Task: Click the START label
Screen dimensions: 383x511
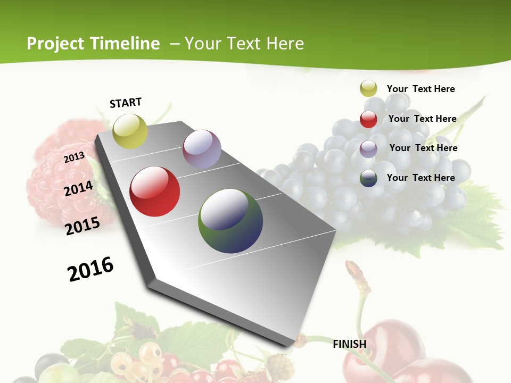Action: coord(126,103)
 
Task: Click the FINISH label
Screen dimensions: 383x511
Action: coord(350,344)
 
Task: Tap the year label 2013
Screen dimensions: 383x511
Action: coord(75,157)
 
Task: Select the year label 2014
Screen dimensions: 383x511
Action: coord(79,188)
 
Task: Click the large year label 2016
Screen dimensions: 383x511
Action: coord(90,269)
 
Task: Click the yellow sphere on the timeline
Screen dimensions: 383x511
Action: coord(130,131)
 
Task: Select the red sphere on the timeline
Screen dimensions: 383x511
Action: coord(155,191)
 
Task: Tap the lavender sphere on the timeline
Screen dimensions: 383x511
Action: coord(202,149)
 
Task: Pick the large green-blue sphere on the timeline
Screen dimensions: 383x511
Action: coord(230,221)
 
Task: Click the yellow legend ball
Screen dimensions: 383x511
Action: coord(368,89)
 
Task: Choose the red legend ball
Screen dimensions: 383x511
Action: coord(368,119)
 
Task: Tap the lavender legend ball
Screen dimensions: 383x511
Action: coord(368,148)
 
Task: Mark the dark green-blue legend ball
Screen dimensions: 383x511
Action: coord(368,178)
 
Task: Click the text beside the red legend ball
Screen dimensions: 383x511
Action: coord(422,119)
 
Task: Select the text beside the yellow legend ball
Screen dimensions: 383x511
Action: coord(421,89)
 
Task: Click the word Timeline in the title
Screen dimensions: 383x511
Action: coord(125,44)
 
